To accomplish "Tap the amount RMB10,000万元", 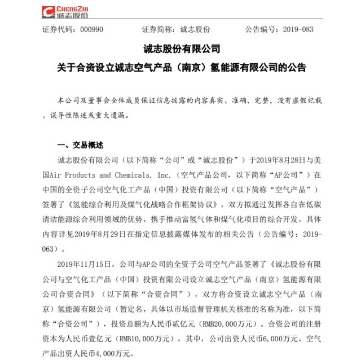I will pos(133,340).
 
